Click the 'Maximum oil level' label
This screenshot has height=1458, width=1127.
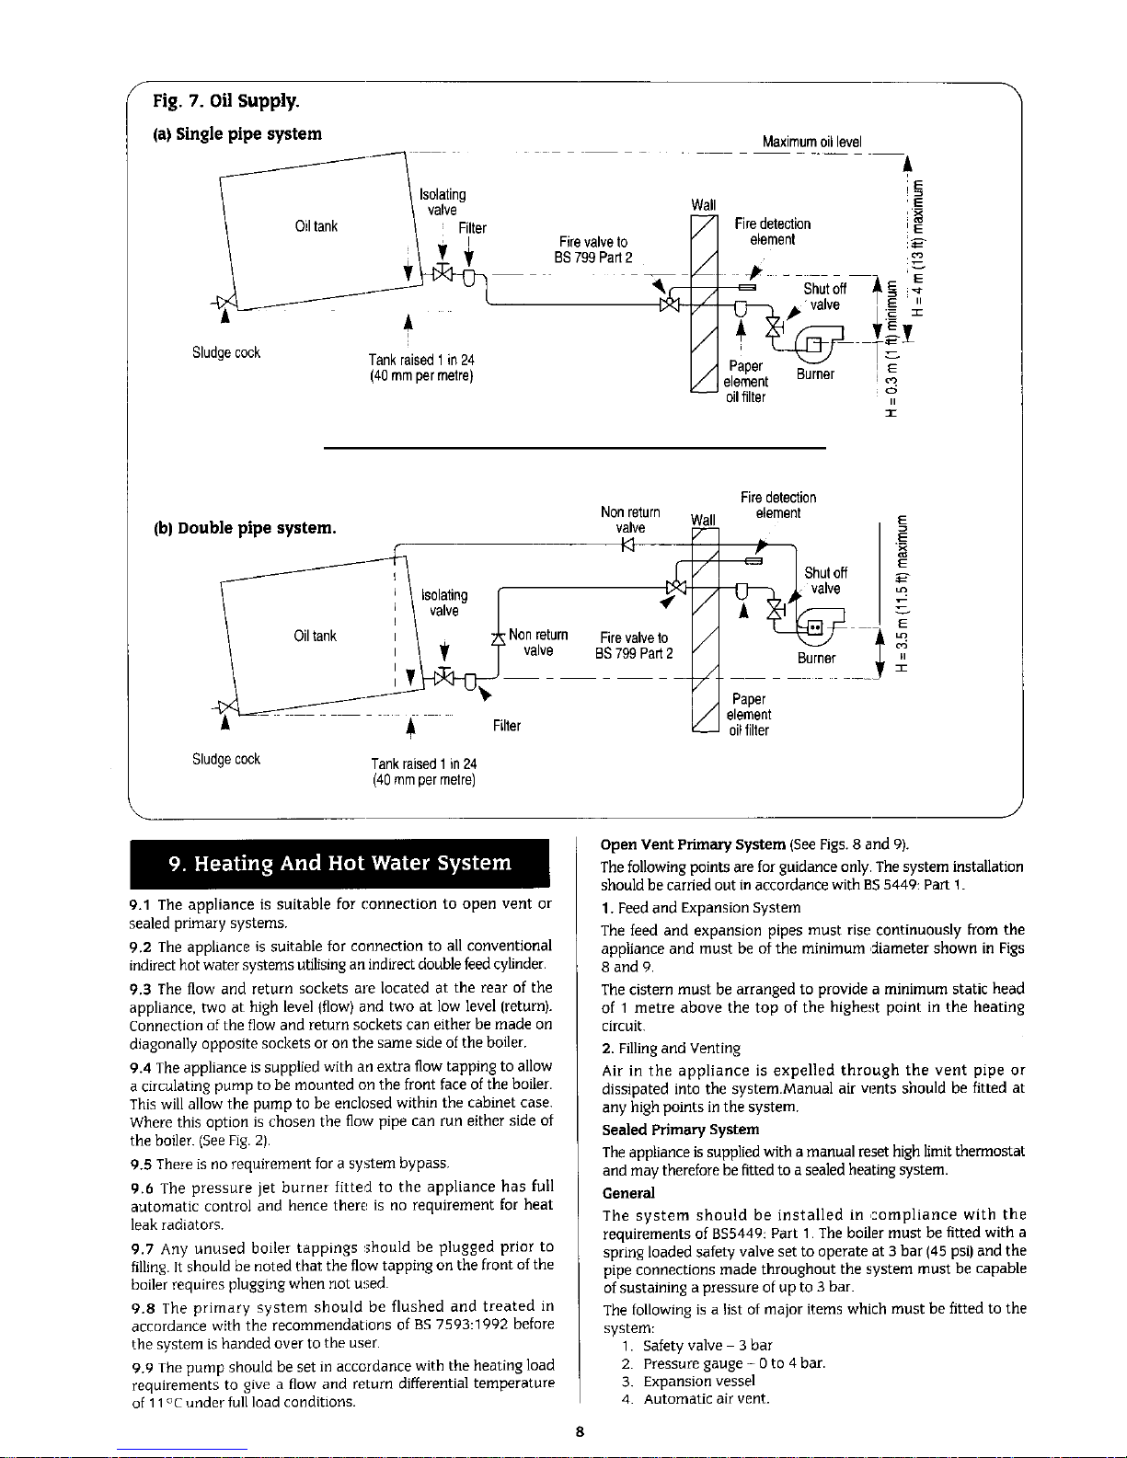(x=811, y=142)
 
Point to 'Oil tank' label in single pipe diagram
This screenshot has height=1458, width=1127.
(x=316, y=227)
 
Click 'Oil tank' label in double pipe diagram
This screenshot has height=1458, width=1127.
(x=315, y=636)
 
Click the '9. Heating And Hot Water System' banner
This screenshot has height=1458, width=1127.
(x=339, y=864)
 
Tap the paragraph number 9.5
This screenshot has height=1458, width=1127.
(x=141, y=1164)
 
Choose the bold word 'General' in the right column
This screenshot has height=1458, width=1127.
(x=627, y=1193)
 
